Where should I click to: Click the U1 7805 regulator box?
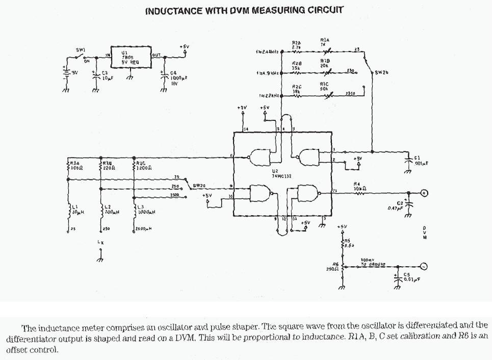click(131, 59)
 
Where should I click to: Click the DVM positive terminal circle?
click(423, 193)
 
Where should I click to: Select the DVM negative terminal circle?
click(423, 266)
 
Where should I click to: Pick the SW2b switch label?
click(381, 72)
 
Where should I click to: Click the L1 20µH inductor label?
click(76, 209)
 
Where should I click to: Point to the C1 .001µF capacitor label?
click(421, 161)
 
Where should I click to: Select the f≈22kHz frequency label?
click(269, 96)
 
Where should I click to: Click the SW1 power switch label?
click(81, 50)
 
